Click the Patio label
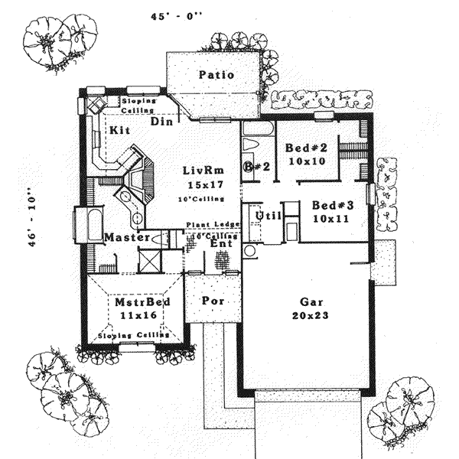[216, 75]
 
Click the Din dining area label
[161, 122]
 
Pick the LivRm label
[201, 170]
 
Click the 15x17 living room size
[202, 184]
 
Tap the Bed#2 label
[306, 148]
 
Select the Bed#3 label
[332, 205]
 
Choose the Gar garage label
[310, 302]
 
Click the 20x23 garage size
[310, 315]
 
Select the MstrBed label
[136, 302]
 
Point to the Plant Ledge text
[213, 226]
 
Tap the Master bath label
[125, 238]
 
